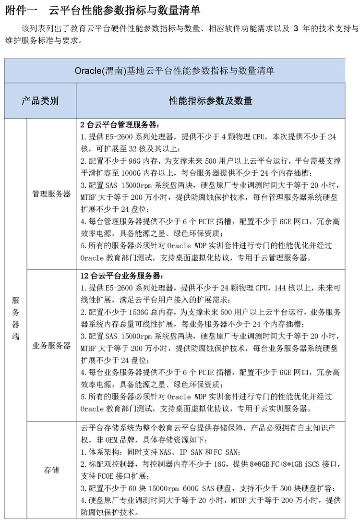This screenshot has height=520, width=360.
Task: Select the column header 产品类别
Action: click(x=40, y=100)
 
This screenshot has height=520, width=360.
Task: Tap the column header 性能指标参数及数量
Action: click(x=210, y=100)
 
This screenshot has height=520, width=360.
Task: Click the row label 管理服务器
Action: click(x=51, y=194)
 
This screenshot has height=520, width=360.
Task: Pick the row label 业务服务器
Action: click(x=51, y=346)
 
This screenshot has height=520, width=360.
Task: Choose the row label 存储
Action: click(x=51, y=470)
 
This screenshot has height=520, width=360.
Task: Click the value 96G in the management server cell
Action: click(x=137, y=161)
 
